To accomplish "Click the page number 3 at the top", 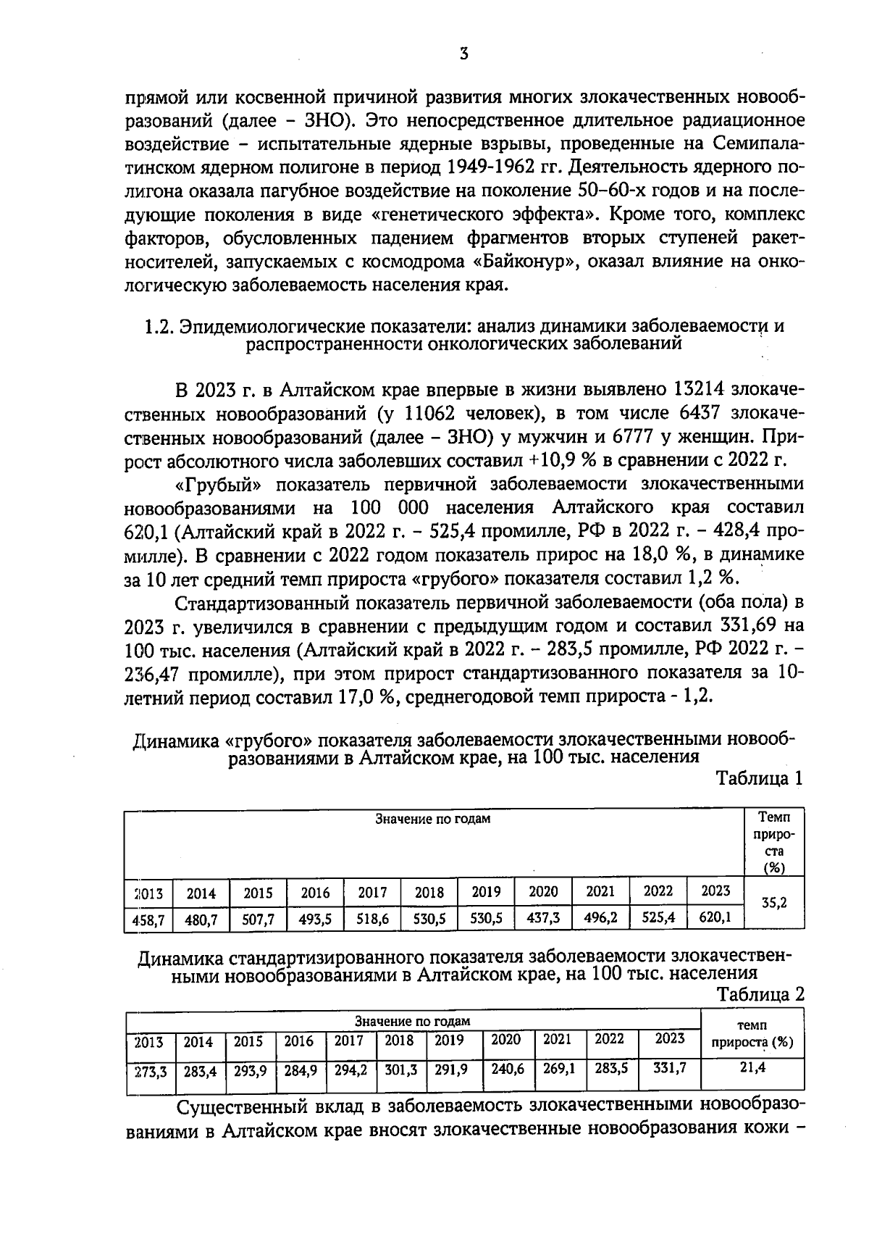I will pyautogui.click(x=463, y=54).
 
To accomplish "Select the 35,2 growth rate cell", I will pyautogui.click(x=774, y=903).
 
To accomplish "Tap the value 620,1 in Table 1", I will pyautogui.click(x=715, y=917).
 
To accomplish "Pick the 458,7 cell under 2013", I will pyautogui.click(x=148, y=920).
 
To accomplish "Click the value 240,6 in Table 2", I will pyautogui.click(x=508, y=1068).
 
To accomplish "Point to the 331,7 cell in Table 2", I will pyautogui.click(x=669, y=1068).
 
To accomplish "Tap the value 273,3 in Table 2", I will pyautogui.click(x=151, y=1071).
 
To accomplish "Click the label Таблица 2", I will pyautogui.click(x=760, y=994).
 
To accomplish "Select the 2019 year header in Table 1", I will pyautogui.click(x=486, y=891).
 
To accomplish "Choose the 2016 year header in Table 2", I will pyautogui.click(x=298, y=1041).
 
